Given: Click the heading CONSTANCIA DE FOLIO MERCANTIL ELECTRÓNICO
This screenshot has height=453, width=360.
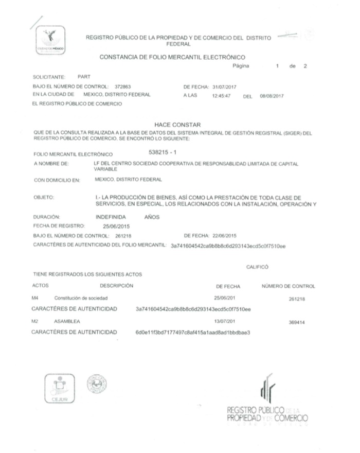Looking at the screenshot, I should point(172,57).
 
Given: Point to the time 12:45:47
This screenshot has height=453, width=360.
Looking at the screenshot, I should point(221,95).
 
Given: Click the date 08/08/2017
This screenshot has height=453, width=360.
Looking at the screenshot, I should point(272,95).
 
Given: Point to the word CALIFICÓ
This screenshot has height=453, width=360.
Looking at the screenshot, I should point(258,267).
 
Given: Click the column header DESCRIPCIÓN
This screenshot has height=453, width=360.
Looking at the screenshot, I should point(117,285).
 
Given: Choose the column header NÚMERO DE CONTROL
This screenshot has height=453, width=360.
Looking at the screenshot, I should point(288,285).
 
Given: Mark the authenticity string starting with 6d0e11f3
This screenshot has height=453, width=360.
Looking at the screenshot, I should point(192,332).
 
